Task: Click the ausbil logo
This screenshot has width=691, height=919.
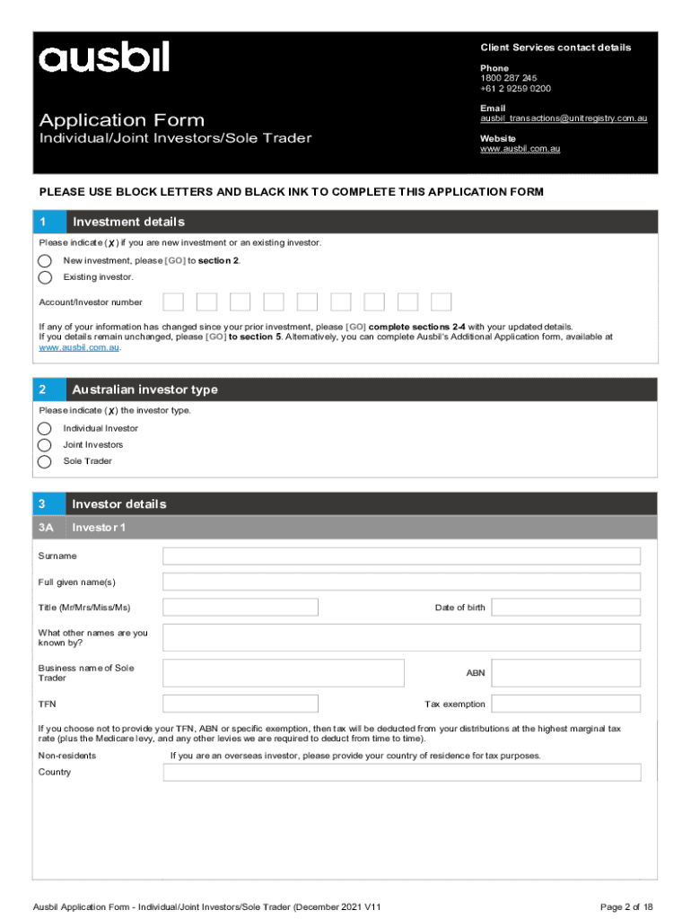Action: point(103,58)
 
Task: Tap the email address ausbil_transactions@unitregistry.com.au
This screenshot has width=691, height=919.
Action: point(564,118)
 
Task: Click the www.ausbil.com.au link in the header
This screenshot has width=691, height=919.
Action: point(520,149)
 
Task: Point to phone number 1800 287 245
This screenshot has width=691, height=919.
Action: point(509,78)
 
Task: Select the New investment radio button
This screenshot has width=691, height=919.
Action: point(45,260)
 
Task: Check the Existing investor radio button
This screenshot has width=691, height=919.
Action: point(45,277)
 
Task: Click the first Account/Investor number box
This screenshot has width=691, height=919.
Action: point(173,302)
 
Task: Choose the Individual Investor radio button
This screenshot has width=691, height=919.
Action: point(45,428)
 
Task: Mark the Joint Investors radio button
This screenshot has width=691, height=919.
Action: point(45,444)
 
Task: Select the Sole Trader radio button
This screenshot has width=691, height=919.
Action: point(45,461)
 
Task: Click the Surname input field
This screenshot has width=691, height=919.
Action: point(401,556)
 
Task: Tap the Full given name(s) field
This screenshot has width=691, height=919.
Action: point(401,582)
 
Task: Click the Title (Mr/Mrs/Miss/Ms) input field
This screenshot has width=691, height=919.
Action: point(241,608)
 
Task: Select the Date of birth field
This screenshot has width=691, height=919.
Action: point(565,608)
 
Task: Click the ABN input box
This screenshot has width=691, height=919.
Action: point(565,673)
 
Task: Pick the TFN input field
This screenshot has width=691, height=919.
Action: point(241,704)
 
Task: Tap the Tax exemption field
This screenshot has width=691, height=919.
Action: point(565,704)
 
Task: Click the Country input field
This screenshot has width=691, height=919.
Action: point(401,773)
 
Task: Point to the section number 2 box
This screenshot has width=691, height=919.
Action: point(49,389)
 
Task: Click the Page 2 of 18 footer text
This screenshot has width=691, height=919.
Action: point(626,907)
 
